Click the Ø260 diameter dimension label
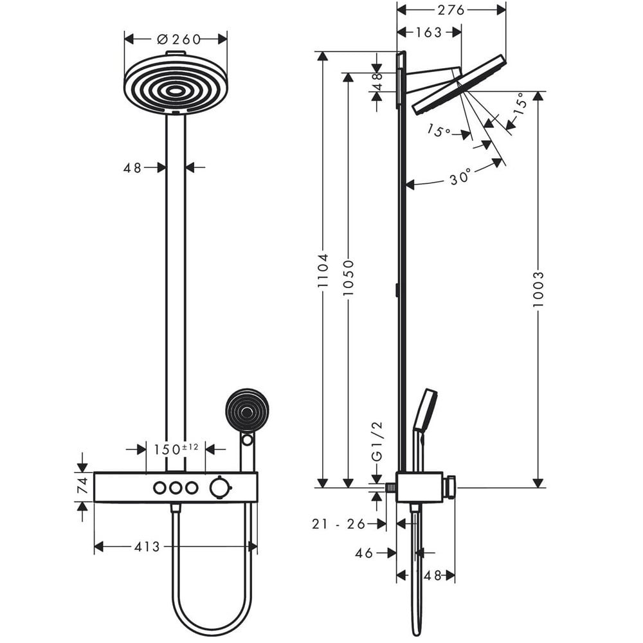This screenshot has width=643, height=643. pyautogui.click(x=179, y=39)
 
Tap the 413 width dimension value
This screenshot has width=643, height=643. pyautogui.click(x=147, y=547)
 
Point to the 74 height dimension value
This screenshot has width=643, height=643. pyautogui.click(x=83, y=485)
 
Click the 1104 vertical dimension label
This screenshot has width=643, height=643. pyautogui.click(x=323, y=270)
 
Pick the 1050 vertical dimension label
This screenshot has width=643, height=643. pyautogui.click(x=348, y=277)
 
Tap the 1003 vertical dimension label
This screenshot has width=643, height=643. pyautogui.click(x=538, y=289)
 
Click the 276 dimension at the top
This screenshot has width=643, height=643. pyautogui.click(x=451, y=10)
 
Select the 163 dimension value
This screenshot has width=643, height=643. pyautogui.click(x=428, y=32)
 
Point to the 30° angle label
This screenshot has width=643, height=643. pyautogui.click(x=460, y=177)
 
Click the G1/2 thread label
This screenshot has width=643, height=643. pyautogui.click(x=377, y=441)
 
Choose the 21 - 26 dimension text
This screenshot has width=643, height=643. pyautogui.click(x=338, y=523)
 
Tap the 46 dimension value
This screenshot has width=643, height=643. pyautogui.click(x=364, y=553)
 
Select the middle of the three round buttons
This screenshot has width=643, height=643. pyautogui.click(x=176, y=488)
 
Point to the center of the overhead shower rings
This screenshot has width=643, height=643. pyautogui.click(x=176, y=91)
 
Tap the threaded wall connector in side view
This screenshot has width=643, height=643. pyautogui.click(x=391, y=487)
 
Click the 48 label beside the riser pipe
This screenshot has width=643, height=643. pyautogui.click(x=132, y=168)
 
